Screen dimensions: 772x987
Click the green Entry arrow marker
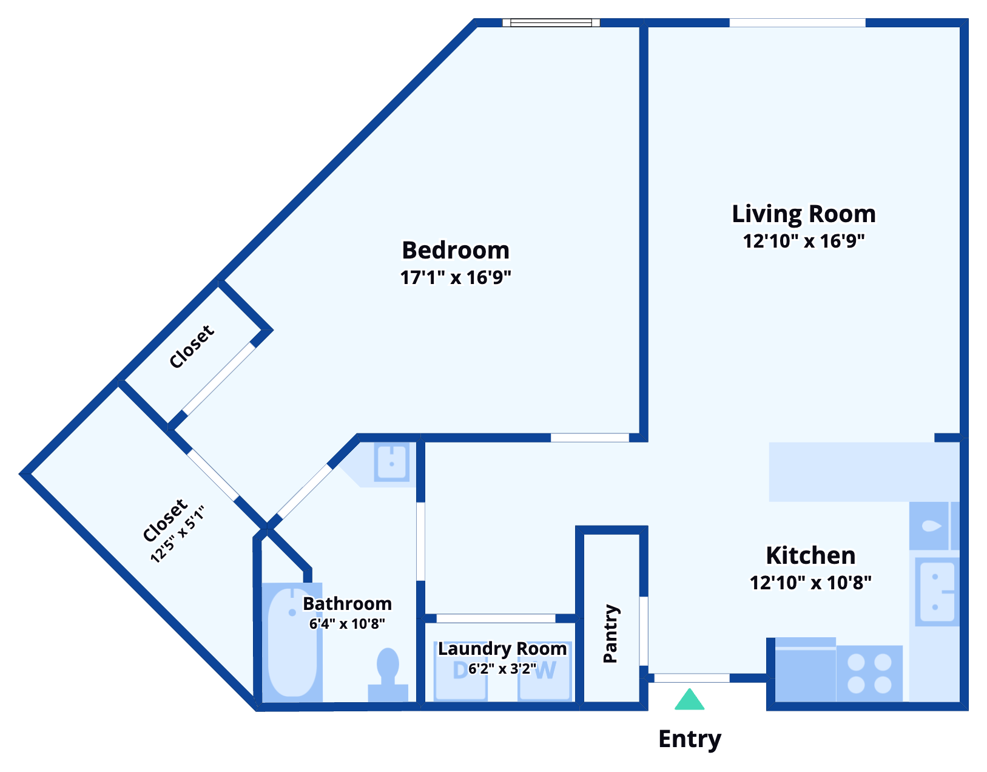pyautogui.click(x=689, y=700)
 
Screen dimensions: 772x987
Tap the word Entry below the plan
pyautogui.click(x=690, y=739)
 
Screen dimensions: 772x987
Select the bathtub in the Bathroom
pyautogui.click(x=292, y=642)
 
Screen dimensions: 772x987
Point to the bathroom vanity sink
pyautogui.click(x=391, y=462)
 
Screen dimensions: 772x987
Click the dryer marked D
pyautogui.click(x=461, y=672)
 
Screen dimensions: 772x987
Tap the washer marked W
pyautogui.click(x=545, y=672)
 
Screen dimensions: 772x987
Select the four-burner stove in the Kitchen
pyautogui.click(x=869, y=673)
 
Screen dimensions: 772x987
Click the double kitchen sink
pyautogui.click(x=937, y=592)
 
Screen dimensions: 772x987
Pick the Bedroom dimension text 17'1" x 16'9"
pyautogui.click(x=456, y=277)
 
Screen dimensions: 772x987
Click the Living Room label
pyautogui.click(x=804, y=214)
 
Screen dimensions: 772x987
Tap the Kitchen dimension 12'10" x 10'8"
pyautogui.click(x=810, y=583)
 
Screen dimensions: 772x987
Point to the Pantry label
pyautogui.click(x=610, y=633)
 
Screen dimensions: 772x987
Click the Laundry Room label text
pyautogui.click(x=502, y=649)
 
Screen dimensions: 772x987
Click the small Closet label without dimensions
pyautogui.click(x=192, y=347)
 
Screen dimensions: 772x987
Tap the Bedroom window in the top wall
pyautogui.click(x=551, y=22)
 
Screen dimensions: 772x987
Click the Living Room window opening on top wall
pyautogui.click(x=797, y=22)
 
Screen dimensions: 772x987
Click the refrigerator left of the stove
pyautogui.click(x=805, y=670)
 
